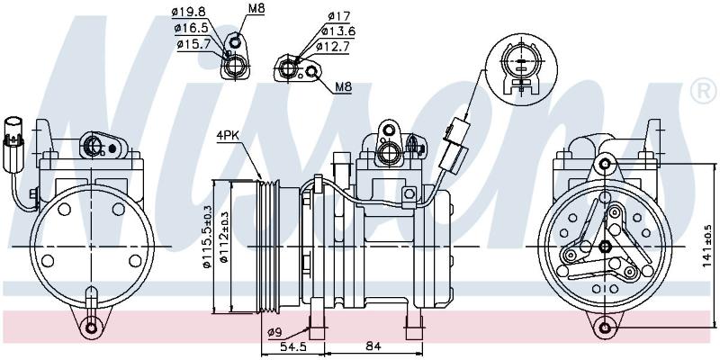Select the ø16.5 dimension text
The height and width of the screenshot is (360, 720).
pyautogui.click(x=191, y=29)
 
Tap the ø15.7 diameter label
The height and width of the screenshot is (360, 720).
pyautogui.click(x=193, y=44)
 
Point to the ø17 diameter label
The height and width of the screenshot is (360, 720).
pyautogui.click(x=339, y=16)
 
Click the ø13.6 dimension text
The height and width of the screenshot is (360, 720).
pyautogui.click(x=338, y=31)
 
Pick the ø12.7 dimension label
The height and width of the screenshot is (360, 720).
pyautogui.click(x=333, y=47)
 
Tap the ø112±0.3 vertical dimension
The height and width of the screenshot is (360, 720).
pyautogui.click(x=223, y=237)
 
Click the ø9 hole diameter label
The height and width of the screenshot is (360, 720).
pyautogui.click(x=274, y=331)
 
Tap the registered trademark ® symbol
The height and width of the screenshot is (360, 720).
pyautogui.click(x=704, y=91)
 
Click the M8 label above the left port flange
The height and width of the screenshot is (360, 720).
pyautogui.click(x=256, y=8)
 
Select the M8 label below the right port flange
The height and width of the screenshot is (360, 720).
pyautogui.click(x=343, y=86)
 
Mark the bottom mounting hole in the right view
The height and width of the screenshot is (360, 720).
pyautogui.click(x=605, y=328)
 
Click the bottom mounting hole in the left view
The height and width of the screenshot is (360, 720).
pyautogui.click(x=92, y=328)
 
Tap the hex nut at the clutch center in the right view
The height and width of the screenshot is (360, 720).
pyautogui.click(x=605, y=247)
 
